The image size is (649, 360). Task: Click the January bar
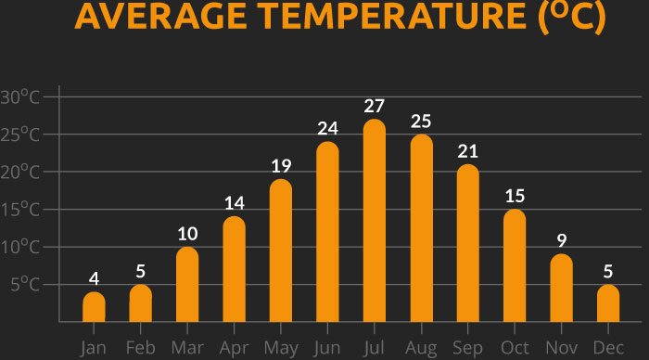pos(94,307)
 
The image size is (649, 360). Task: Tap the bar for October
pos(515,266)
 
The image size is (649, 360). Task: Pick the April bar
pos(234,270)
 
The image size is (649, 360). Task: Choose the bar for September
pos(468,244)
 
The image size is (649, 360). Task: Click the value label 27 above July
pos(375,106)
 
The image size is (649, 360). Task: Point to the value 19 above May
pos(281,166)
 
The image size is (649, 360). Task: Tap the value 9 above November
pos(562,240)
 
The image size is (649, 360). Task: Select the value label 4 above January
pos(94,278)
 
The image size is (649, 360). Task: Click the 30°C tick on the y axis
pos(20,97)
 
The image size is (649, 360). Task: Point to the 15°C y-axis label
pos(20,210)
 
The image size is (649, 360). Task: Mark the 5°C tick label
pos(24,285)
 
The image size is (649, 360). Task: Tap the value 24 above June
pos(327,129)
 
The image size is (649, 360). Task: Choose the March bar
pos(187,285)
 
